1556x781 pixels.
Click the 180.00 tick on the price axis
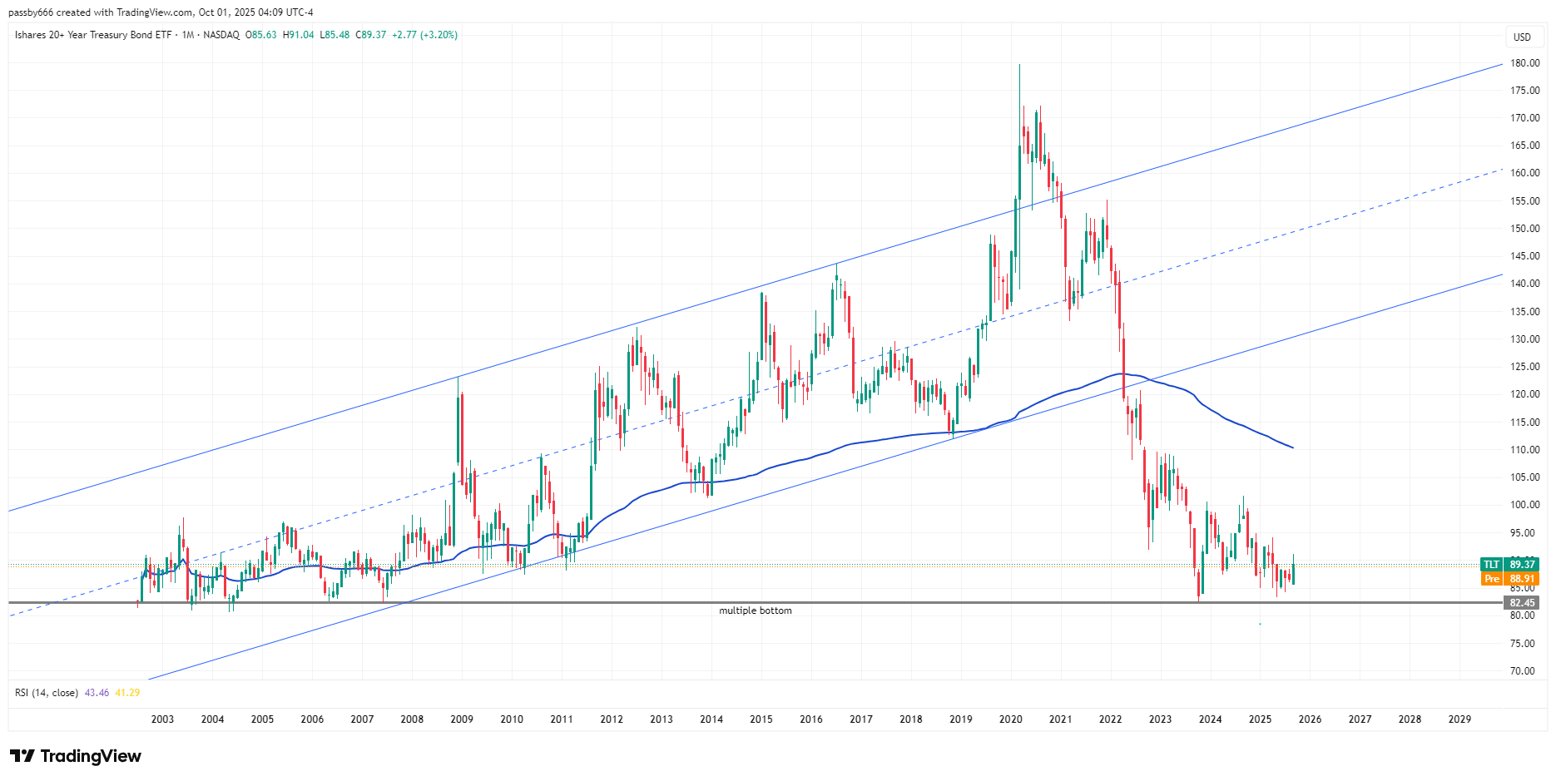[1524, 62]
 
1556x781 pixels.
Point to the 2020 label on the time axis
[1010, 719]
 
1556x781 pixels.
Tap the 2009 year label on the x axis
[462, 719]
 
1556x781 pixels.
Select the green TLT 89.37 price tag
[1509, 565]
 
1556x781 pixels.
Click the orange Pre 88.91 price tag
[1509, 579]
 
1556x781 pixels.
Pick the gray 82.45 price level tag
[1521, 603]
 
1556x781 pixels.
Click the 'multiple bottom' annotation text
[755, 610]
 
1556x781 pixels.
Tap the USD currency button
[1522, 37]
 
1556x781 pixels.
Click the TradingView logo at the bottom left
[76, 756]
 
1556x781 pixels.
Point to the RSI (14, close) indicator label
[47, 693]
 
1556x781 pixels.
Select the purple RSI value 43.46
[97, 693]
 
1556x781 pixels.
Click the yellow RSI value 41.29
[127, 693]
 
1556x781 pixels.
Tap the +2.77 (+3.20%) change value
[424, 35]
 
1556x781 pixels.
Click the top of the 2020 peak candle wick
[1019, 65]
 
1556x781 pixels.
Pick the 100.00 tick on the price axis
[1524, 505]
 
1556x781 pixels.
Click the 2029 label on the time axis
[1459, 719]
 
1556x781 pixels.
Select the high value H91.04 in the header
[299, 35]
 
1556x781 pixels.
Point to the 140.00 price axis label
[1524, 284]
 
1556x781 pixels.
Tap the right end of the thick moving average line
[1292, 447]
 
